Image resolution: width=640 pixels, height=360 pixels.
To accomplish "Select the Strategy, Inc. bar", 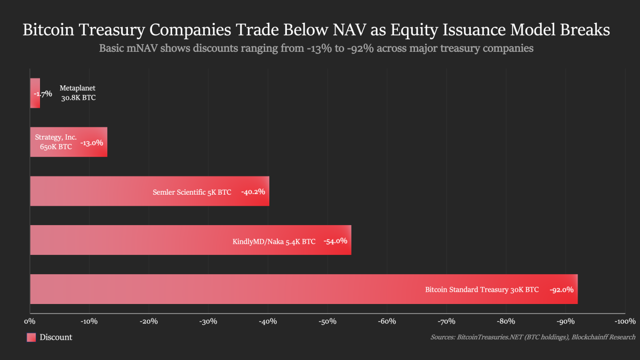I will pyautogui.click(x=69, y=142).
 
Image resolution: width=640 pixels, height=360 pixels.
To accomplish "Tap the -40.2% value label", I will pyautogui.click(x=253, y=191).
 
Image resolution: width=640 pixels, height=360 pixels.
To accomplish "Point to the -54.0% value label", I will pyautogui.click(x=335, y=241).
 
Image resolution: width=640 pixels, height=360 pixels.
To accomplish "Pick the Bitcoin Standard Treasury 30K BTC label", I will pyautogui.click(x=482, y=290).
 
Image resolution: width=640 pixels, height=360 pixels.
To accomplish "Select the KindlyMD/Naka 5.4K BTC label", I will pyautogui.click(x=274, y=241).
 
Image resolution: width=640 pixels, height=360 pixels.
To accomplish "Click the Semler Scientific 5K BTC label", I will pyautogui.click(x=191, y=192).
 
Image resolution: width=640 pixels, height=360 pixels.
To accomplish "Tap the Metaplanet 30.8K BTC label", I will pyautogui.click(x=78, y=93).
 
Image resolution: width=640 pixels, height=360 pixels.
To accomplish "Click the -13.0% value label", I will pyautogui.click(x=92, y=143).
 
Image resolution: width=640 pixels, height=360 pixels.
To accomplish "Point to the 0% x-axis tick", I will pyautogui.click(x=29, y=321).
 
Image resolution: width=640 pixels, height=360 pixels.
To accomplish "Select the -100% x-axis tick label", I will pyautogui.click(x=625, y=321).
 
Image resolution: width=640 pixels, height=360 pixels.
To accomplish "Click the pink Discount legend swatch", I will pyautogui.click(x=31, y=337).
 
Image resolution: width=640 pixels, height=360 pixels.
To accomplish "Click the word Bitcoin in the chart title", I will pyautogui.click(x=49, y=30).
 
